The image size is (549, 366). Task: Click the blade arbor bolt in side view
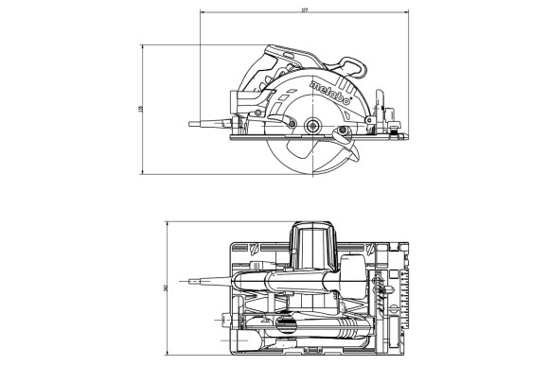pos(311,123)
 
